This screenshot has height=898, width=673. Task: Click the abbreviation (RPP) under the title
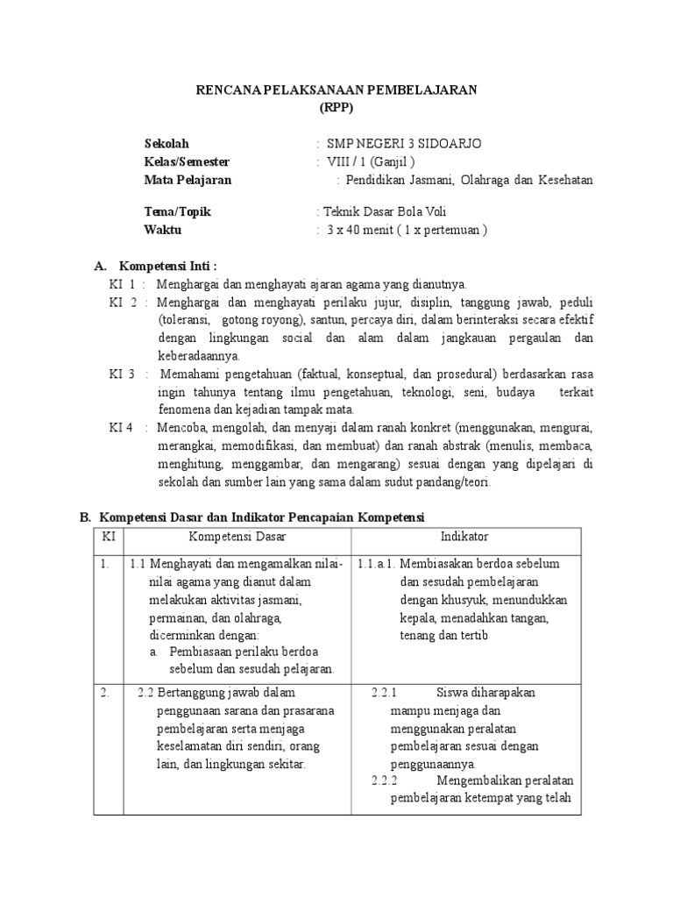point(336,108)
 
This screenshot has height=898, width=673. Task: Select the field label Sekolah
point(166,143)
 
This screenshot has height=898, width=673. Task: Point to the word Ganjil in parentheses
point(388,161)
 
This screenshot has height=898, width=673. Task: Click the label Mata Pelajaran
point(188,180)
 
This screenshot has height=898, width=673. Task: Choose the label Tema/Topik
point(178,212)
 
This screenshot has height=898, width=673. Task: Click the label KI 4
point(122,428)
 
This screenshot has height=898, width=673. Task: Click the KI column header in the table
point(110,536)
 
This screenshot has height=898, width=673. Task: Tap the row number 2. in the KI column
point(104,692)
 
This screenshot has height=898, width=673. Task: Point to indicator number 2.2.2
point(385,780)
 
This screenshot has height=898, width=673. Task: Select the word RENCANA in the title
point(224,90)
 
